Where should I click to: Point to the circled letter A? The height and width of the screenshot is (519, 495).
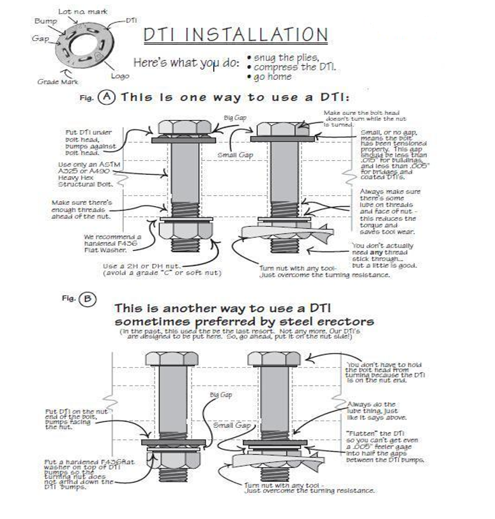[x=106, y=98]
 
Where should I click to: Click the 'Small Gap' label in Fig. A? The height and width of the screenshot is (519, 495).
[x=234, y=154]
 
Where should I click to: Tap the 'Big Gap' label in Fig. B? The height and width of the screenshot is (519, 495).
[x=221, y=395]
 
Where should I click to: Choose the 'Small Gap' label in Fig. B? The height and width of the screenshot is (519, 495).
[x=231, y=425]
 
